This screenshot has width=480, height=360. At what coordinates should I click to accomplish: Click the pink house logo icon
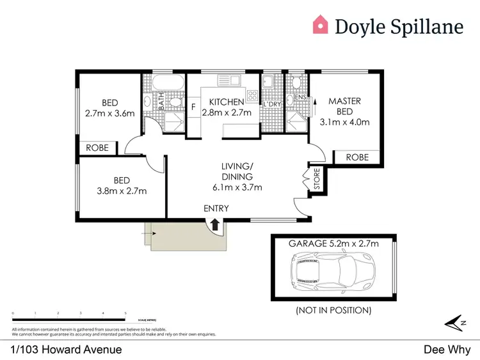coord(321,25)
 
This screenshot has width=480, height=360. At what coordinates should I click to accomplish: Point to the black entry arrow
coord(215,224)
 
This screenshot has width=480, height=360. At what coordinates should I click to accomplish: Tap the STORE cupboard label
coord(316,179)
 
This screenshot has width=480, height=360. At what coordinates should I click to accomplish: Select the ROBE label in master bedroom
coord(356,157)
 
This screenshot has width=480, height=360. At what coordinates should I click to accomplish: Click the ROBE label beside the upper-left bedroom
coord(97,148)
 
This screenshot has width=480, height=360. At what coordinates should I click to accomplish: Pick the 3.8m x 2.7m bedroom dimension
coord(122,191)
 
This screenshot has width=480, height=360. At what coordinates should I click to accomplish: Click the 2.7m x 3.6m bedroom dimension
coord(109,114)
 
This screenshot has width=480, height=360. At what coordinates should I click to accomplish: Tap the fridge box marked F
coord(193,107)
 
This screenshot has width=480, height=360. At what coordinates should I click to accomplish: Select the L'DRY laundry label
coord(272,104)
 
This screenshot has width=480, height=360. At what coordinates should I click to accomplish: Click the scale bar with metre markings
coord(69,319)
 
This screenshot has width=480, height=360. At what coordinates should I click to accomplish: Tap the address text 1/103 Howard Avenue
coord(67,349)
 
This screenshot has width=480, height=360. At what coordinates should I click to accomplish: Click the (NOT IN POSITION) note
coord(333,310)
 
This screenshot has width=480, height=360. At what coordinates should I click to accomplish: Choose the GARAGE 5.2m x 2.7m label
coord(333,243)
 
